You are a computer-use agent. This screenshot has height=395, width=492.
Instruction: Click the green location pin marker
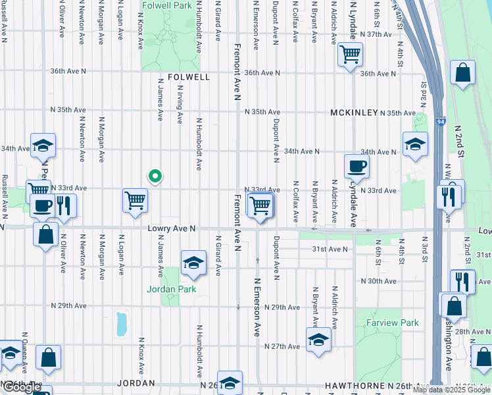155,176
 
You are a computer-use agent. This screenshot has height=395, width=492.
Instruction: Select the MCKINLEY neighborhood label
355,113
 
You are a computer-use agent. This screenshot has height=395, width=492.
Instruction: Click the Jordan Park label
170,288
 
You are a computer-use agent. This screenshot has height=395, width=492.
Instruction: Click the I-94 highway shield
439,122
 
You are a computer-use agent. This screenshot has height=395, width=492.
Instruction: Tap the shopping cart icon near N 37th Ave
350,54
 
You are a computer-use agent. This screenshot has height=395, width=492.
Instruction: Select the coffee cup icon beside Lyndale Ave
356,166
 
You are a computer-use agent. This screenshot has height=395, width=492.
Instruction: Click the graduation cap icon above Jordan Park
193,263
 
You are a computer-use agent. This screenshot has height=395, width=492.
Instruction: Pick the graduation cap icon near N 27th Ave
318,340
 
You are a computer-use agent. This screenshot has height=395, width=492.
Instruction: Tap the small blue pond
122,323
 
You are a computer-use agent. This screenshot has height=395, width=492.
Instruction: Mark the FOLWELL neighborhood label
189,77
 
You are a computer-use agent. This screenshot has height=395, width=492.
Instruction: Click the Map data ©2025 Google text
451,390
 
